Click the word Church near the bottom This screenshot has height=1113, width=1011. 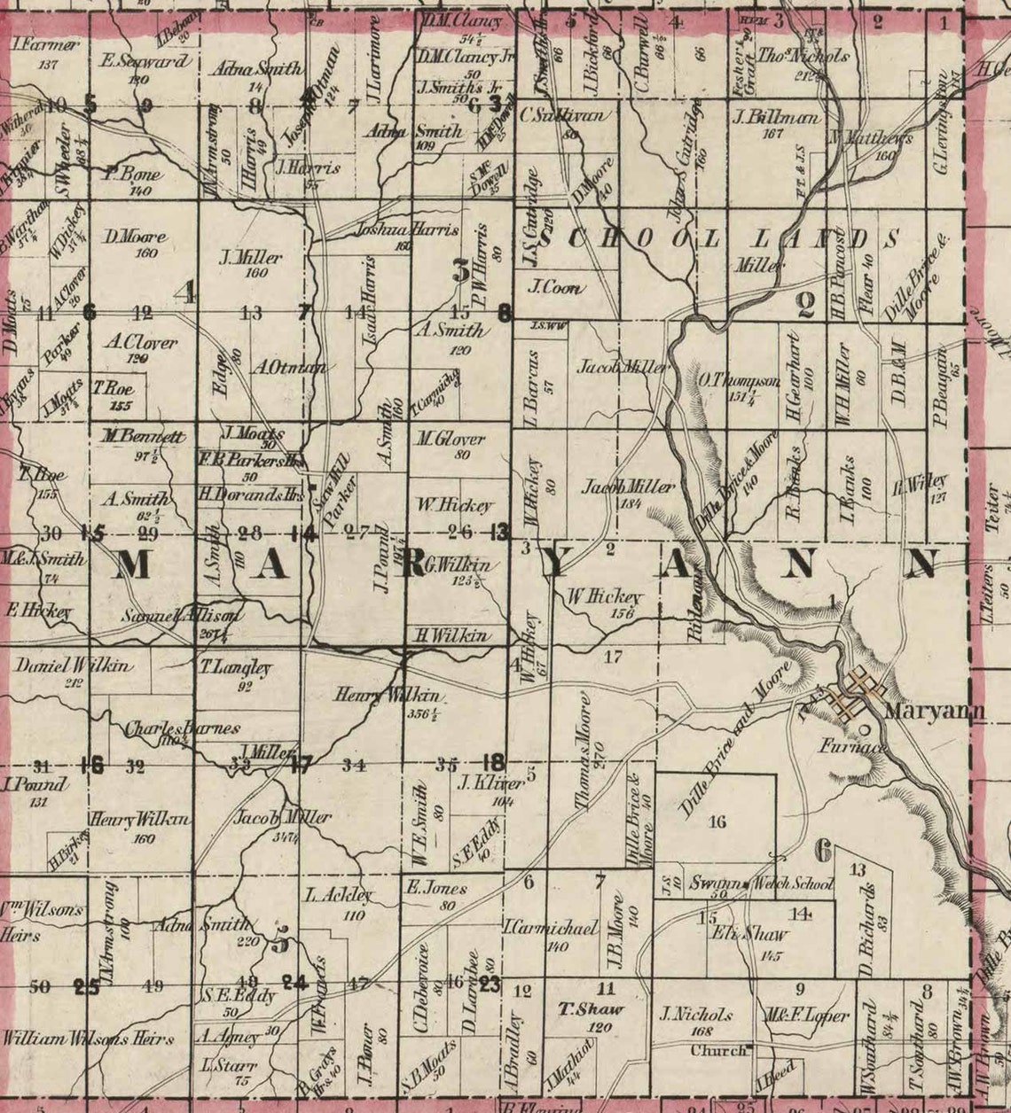719,1052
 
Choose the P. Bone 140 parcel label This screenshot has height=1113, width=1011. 133,175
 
